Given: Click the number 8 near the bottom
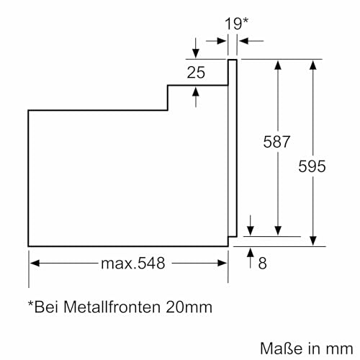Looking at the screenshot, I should point(261,264).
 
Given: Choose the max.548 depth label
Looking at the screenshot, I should point(132,264).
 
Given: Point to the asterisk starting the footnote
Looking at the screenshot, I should point(32,307).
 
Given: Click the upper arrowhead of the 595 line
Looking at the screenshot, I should point(312,65).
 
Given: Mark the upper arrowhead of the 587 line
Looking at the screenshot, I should point(278,65).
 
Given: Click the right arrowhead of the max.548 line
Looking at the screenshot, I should point(224,264).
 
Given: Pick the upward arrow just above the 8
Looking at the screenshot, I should point(249,252).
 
